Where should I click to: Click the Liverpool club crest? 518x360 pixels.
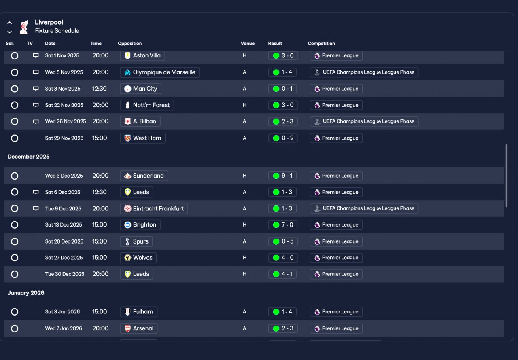click(24, 27)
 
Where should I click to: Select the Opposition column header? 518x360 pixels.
click(130, 43)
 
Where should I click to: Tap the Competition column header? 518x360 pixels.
click(321, 43)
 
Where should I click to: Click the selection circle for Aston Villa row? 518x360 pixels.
click(15, 56)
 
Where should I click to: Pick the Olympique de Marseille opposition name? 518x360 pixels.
click(164, 72)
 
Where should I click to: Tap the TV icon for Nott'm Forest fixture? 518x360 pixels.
click(36, 105)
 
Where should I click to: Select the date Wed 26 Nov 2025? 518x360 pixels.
click(66, 121)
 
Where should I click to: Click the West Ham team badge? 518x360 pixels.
click(127, 138)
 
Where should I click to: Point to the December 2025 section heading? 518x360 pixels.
click(28, 157)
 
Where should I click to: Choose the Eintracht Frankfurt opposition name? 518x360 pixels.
click(158, 208)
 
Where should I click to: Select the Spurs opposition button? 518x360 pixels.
click(136, 241)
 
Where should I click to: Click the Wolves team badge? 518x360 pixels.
click(127, 258)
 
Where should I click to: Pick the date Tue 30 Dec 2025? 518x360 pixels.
click(65, 274)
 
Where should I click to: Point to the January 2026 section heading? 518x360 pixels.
click(26, 293)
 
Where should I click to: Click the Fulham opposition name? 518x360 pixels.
click(143, 312)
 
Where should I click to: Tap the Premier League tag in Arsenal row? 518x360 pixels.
click(336, 328)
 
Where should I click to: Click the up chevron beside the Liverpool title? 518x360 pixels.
click(9, 23)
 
